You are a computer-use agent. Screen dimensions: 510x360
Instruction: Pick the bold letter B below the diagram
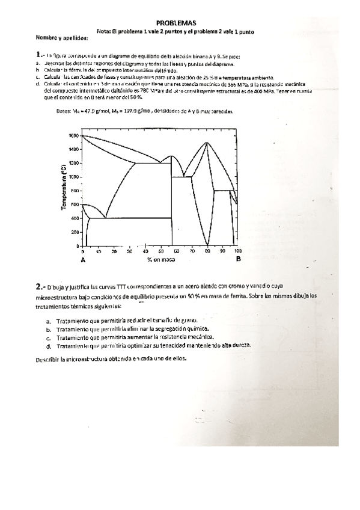[238, 259]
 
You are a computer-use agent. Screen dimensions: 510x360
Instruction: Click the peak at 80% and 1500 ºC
[207, 143]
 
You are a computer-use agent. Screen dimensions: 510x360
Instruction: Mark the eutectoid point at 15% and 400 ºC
[105, 218]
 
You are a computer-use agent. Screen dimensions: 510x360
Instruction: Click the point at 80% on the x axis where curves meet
[207, 245]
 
